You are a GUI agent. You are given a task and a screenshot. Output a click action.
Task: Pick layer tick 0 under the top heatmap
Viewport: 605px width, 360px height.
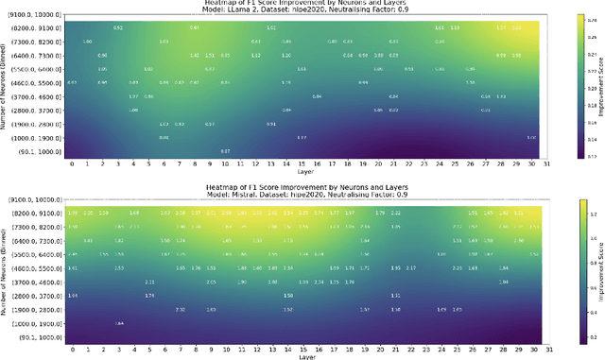73,163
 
